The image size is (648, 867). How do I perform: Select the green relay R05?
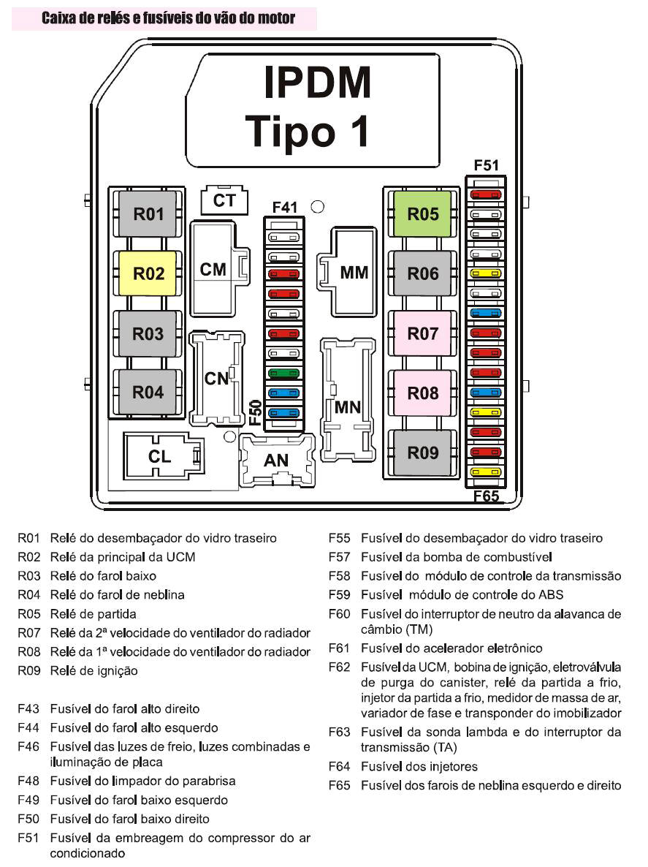pos(423,214)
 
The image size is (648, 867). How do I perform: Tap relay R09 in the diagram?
pos(423,453)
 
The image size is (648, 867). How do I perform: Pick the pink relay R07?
pos(423,333)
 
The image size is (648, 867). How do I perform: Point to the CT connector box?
pos(224,200)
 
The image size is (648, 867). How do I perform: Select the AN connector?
pos(276,461)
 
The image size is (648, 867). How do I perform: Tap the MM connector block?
pos(355,273)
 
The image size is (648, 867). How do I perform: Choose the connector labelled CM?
pos(213,269)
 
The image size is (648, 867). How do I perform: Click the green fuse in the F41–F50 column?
pos(283,374)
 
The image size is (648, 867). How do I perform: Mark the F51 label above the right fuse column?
pos(487,166)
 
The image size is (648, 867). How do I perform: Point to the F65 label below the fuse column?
pos(486,496)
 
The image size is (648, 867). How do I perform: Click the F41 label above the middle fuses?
pos(284,208)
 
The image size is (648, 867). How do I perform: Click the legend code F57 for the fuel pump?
pos(340,557)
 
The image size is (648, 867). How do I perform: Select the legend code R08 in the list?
pos(28,651)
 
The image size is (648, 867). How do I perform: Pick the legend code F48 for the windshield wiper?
pos(28,781)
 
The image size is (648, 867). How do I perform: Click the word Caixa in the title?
pos(61,18)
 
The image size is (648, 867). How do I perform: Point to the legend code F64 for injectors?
pos(340,766)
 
